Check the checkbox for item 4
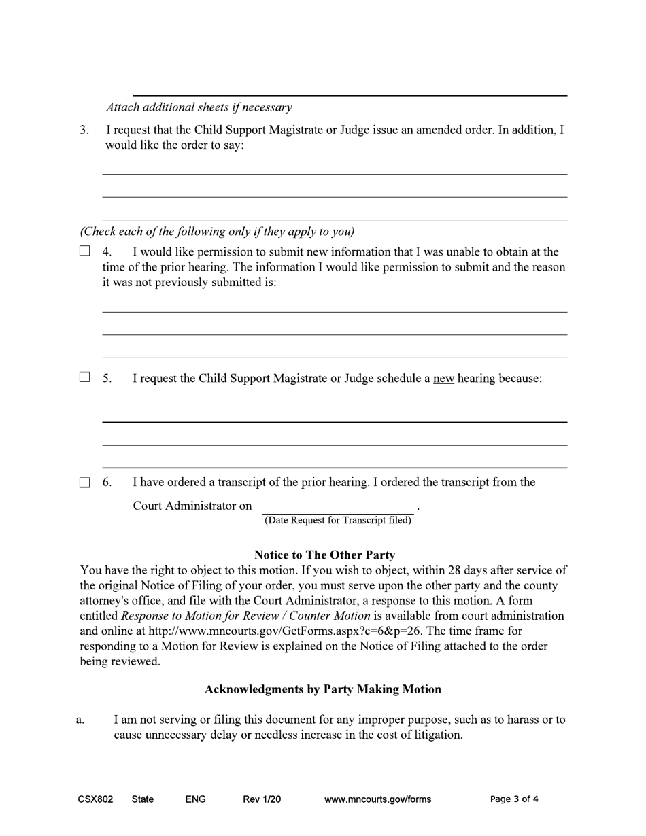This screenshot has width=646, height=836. pyautogui.click(x=84, y=251)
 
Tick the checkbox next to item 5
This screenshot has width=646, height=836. pyautogui.click(x=84, y=377)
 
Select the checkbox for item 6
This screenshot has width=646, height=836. pyautogui.click(x=84, y=483)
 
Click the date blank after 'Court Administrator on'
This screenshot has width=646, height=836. pyautogui.click(x=337, y=507)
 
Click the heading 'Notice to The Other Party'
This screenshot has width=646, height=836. pyautogui.click(x=324, y=555)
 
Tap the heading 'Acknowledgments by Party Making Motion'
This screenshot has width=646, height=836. pyautogui.click(x=323, y=689)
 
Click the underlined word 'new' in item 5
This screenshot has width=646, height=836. pyautogui.click(x=443, y=379)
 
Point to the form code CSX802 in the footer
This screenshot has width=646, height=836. pyautogui.click(x=95, y=799)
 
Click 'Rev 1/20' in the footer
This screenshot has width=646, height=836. pyautogui.click(x=262, y=799)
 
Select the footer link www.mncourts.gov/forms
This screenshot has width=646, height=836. pyautogui.click(x=377, y=799)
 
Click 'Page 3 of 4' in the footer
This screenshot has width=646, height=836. pyautogui.click(x=514, y=799)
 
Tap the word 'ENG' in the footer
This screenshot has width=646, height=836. pyautogui.click(x=195, y=799)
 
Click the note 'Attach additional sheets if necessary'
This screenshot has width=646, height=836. pyautogui.click(x=199, y=107)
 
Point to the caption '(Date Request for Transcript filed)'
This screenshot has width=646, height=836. pyautogui.click(x=338, y=521)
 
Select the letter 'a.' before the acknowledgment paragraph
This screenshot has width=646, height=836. pyautogui.click(x=80, y=720)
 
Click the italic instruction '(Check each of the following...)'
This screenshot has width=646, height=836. pyautogui.click(x=217, y=231)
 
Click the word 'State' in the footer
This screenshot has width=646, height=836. pyautogui.click(x=142, y=799)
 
